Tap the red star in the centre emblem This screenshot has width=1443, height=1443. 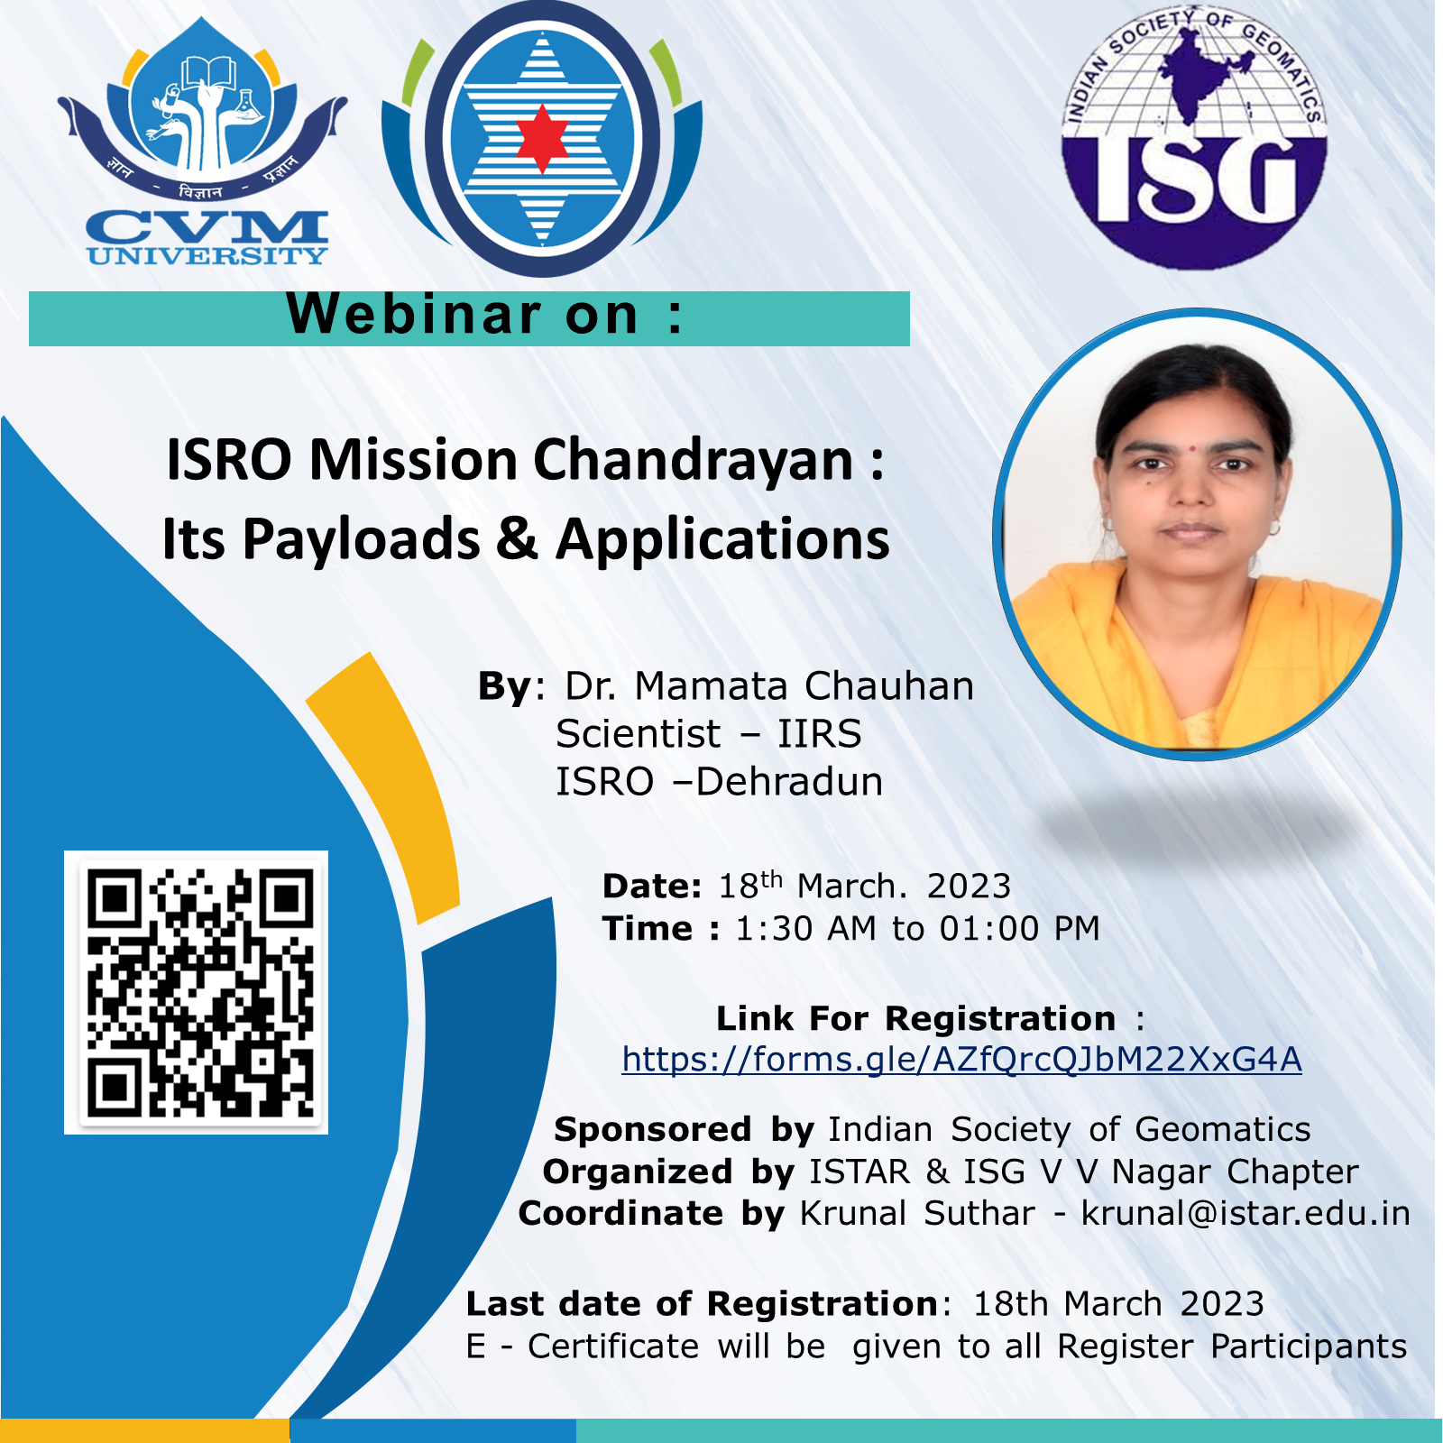tap(542, 138)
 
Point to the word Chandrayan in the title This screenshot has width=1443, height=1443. tap(694, 460)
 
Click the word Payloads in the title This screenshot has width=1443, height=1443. tap(361, 539)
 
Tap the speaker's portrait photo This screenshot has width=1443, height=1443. tap(1197, 534)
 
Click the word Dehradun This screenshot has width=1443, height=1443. tap(789, 782)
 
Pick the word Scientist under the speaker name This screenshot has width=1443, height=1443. tap(639, 734)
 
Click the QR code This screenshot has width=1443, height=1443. tap(197, 992)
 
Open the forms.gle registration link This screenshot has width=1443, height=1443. tap(961, 1060)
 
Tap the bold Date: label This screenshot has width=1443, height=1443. tap(651, 886)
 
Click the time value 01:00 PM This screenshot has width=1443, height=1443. tap(1019, 928)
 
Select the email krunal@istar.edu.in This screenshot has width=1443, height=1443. tap(1245, 1213)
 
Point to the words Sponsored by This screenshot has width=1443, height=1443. tap(684, 1129)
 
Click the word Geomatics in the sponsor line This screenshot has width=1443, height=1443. tap(1222, 1129)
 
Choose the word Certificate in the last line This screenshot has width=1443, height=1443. tap(613, 1346)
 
